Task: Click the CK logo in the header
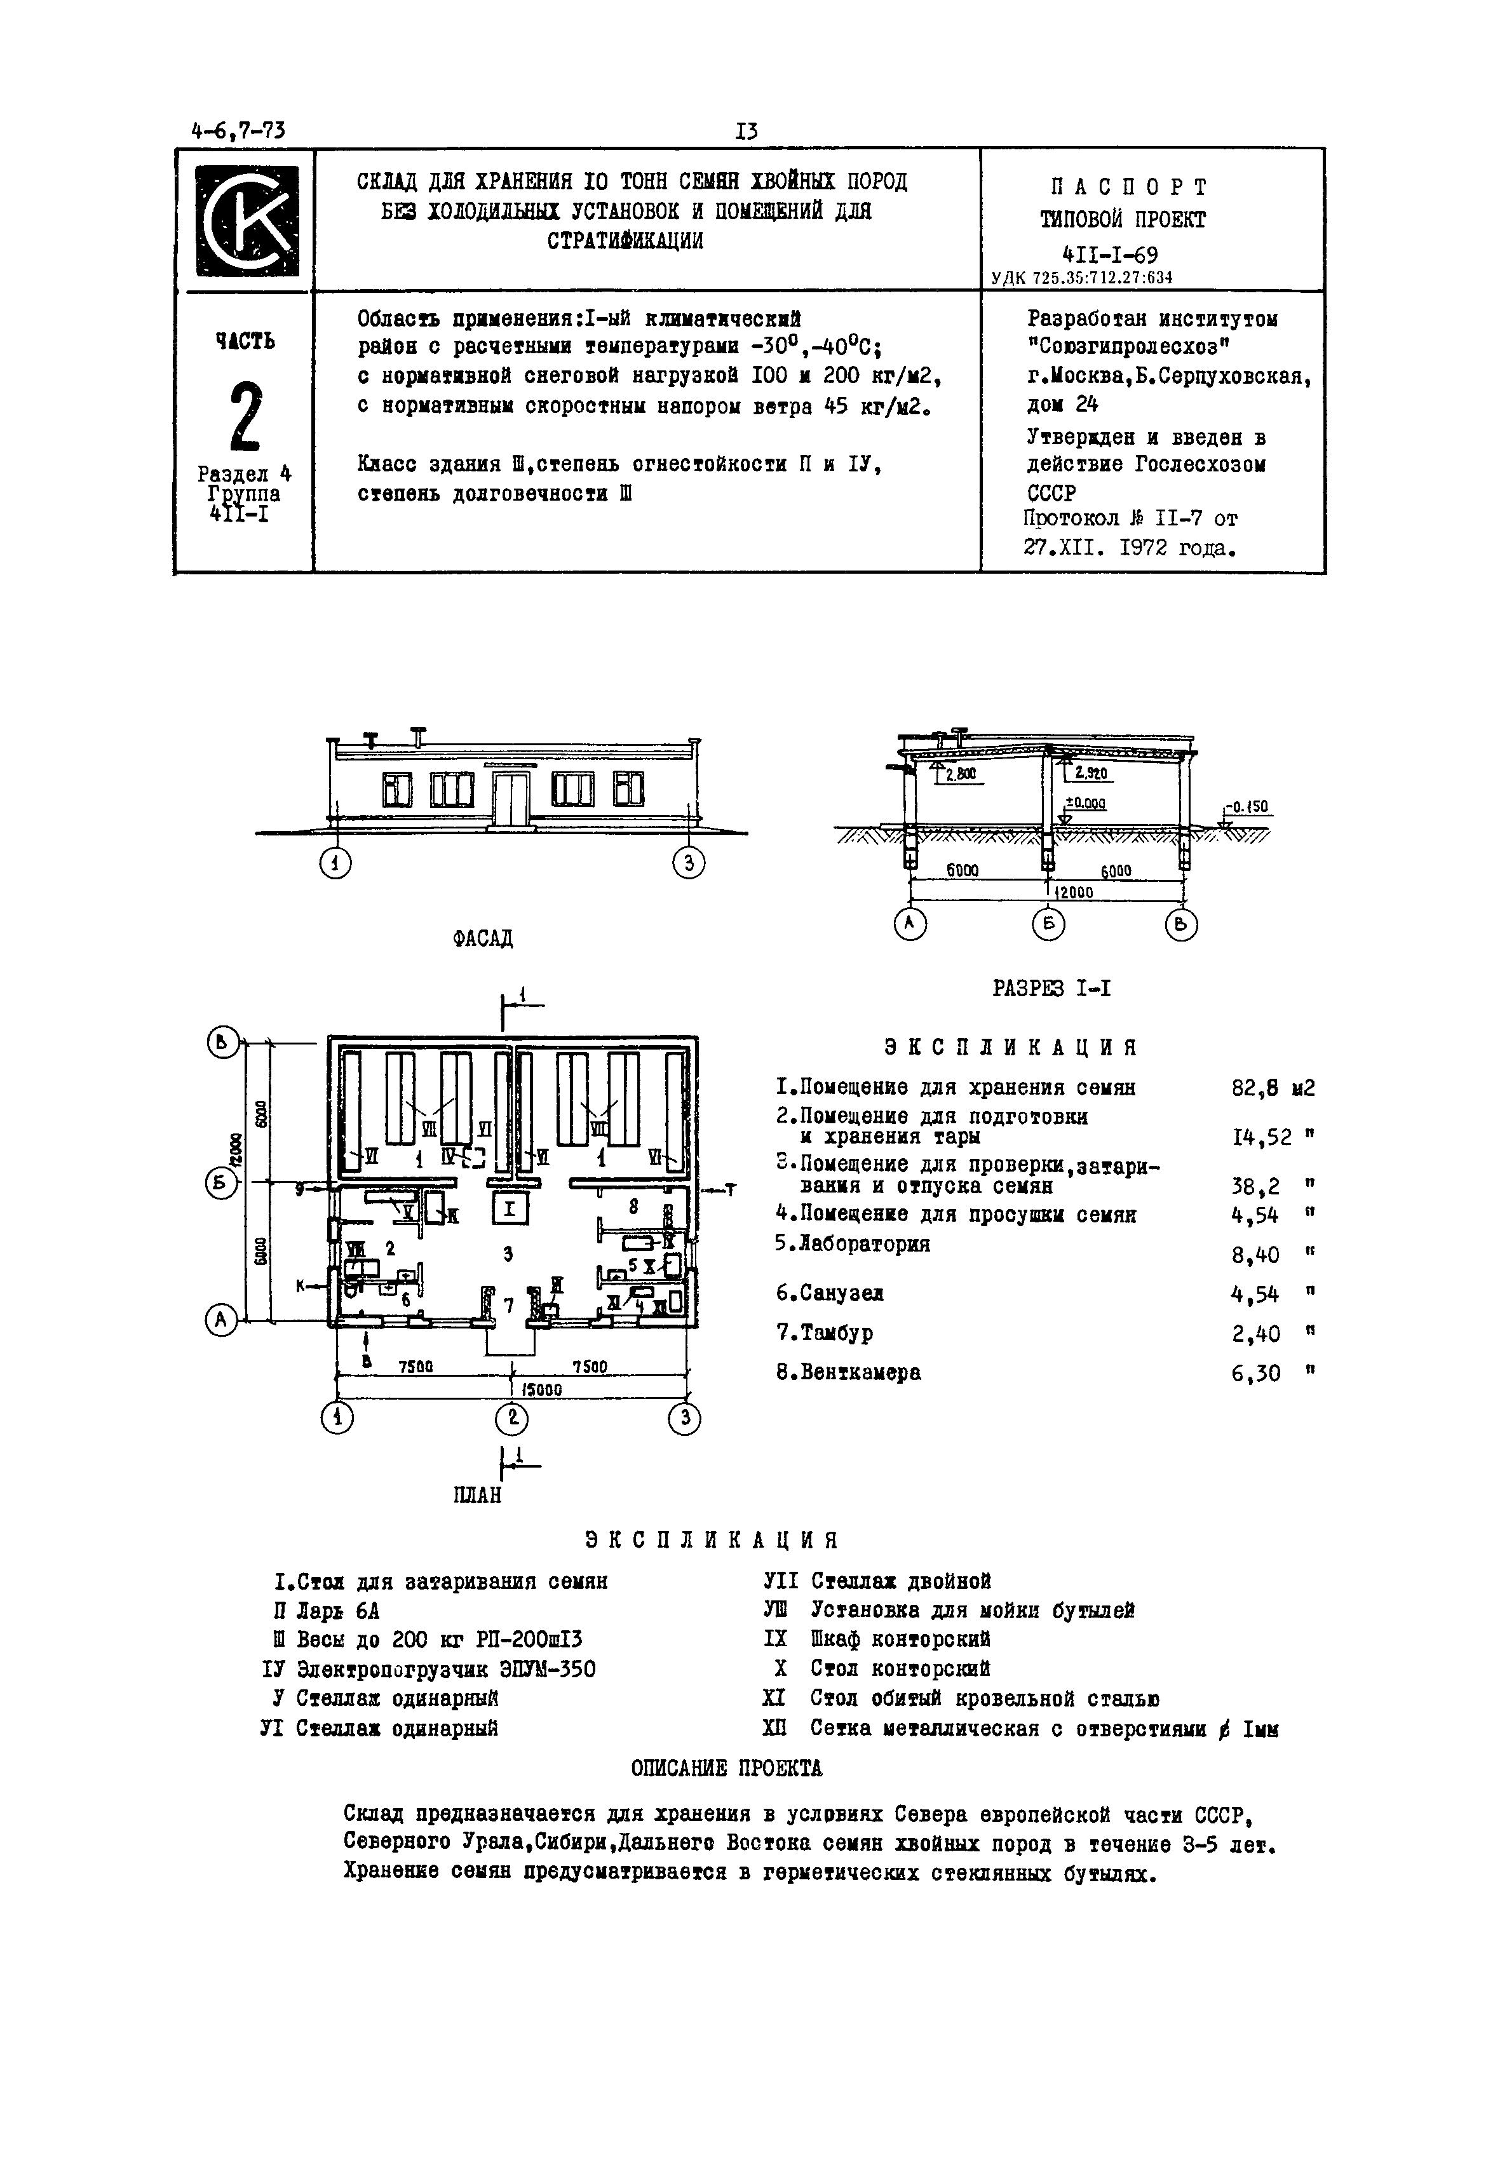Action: (x=247, y=221)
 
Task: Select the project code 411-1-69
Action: (x=1109, y=255)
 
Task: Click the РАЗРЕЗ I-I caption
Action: (x=1051, y=988)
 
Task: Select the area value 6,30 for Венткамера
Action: (x=1255, y=1374)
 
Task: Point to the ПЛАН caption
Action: (x=477, y=1494)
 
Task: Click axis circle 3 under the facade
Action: (x=689, y=863)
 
